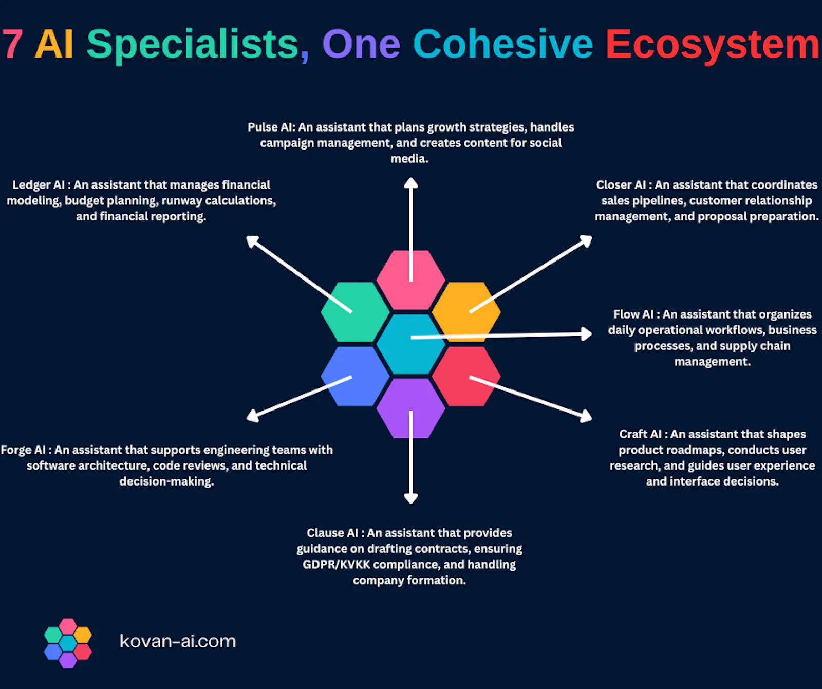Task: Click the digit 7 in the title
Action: coord(12,45)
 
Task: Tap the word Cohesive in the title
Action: coord(503,44)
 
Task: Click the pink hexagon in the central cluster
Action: coord(410,280)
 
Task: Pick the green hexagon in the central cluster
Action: coord(355,312)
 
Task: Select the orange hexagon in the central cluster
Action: coord(466,312)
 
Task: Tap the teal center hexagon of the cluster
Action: coord(410,344)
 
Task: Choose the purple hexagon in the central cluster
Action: coord(410,408)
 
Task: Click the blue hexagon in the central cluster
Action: coord(355,376)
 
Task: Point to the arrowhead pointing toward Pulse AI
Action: coord(410,183)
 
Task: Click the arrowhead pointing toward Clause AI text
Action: coord(410,497)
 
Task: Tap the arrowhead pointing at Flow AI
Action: coord(586,334)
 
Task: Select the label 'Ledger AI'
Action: coord(39,185)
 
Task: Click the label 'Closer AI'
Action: coord(621,185)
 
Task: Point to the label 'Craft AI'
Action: coord(640,434)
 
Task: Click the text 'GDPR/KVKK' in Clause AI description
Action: coord(336,565)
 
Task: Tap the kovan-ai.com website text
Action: coord(178,641)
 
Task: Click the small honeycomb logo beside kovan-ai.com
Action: coord(68,643)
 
